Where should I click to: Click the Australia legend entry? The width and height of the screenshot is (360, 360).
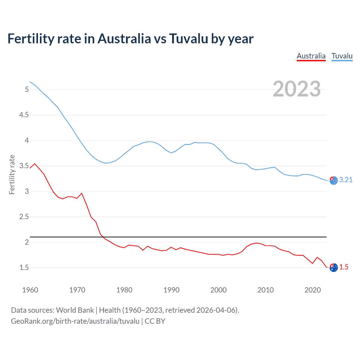311,56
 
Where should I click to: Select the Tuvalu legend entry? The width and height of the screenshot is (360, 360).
342,56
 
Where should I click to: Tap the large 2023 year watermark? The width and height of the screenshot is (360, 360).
297,89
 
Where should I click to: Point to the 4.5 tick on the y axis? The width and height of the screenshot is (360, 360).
24,115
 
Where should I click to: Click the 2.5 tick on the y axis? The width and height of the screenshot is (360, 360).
24,217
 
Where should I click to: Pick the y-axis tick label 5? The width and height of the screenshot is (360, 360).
27,89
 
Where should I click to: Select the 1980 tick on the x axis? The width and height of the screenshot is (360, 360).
124,290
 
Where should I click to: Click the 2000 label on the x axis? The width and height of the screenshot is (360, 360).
218,290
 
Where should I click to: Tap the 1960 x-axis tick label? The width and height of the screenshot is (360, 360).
30,290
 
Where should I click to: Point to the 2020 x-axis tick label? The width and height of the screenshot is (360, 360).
312,290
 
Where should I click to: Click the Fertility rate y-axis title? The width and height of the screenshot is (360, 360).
12,174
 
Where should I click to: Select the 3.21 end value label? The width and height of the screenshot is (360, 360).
346,180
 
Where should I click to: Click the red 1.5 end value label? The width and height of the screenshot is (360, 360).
344,267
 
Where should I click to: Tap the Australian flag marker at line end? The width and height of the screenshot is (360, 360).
334,268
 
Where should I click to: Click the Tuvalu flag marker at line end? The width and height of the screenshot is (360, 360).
334,181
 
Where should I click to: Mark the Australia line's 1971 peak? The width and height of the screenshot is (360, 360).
82,193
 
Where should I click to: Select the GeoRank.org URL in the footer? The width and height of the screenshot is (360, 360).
75,321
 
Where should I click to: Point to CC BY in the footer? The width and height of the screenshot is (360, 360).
155,321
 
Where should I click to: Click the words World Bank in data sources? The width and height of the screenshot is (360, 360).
75,310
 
